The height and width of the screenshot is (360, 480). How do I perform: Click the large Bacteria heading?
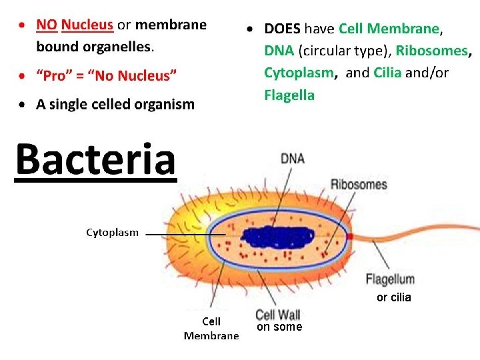[95, 159]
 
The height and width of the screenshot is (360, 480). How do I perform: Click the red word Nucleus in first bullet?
[87, 25]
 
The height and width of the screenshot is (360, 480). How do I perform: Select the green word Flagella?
[289, 95]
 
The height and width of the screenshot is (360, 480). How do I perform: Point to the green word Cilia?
[387, 73]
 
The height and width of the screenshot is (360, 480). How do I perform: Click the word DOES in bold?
[283, 29]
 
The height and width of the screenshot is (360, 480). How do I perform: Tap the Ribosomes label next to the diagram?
[359, 184]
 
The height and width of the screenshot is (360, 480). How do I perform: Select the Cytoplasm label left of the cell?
[112, 233]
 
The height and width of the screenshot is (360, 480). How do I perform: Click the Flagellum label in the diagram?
[390, 279]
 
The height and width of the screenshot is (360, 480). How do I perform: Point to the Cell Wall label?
[278, 314]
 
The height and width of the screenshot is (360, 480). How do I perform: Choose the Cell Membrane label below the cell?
[211, 329]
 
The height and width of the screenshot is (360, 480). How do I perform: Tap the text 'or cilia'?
[393, 297]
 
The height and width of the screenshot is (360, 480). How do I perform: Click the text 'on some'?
[279, 327]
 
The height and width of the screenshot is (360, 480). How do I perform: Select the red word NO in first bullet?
[47, 25]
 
